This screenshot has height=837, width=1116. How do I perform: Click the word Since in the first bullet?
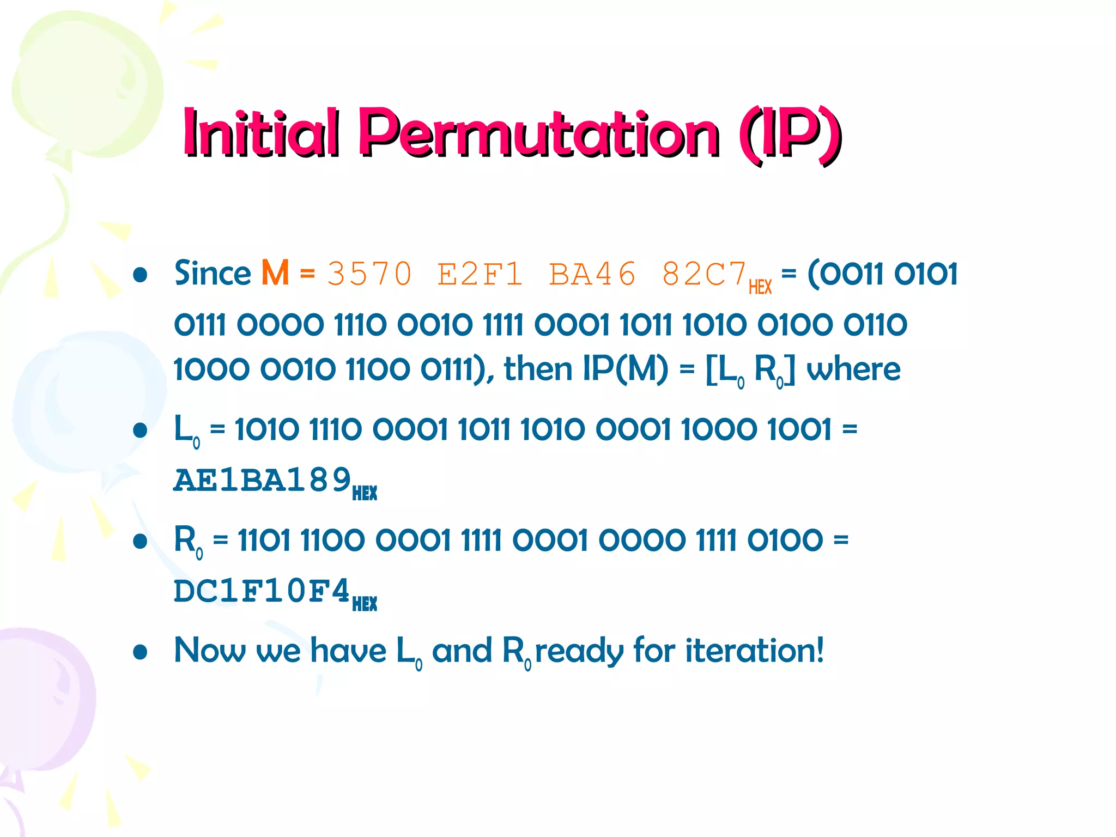(x=213, y=273)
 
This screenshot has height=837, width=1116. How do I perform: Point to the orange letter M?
(x=275, y=273)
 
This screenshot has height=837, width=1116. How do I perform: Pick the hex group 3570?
(x=369, y=274)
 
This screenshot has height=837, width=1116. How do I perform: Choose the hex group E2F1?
(x=480, y=274)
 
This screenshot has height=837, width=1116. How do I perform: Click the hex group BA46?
(x=592, y=274)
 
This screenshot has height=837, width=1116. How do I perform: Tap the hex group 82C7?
(x=703, y=274)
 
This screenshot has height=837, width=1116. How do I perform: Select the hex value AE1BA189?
(x=262, y=480)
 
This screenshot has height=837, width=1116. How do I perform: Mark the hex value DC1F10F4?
(x=262, y=591)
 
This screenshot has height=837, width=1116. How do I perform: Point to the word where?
(x=853, y=369)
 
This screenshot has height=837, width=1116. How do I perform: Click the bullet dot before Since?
(x=141, y=275)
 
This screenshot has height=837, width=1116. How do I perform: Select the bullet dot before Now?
(x=141, y=652)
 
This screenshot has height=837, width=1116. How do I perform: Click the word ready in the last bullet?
(x=579, y=651)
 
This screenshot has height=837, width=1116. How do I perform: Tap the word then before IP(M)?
(x=538, y=369)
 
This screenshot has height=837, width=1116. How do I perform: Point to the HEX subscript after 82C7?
(x=760, y=287)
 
